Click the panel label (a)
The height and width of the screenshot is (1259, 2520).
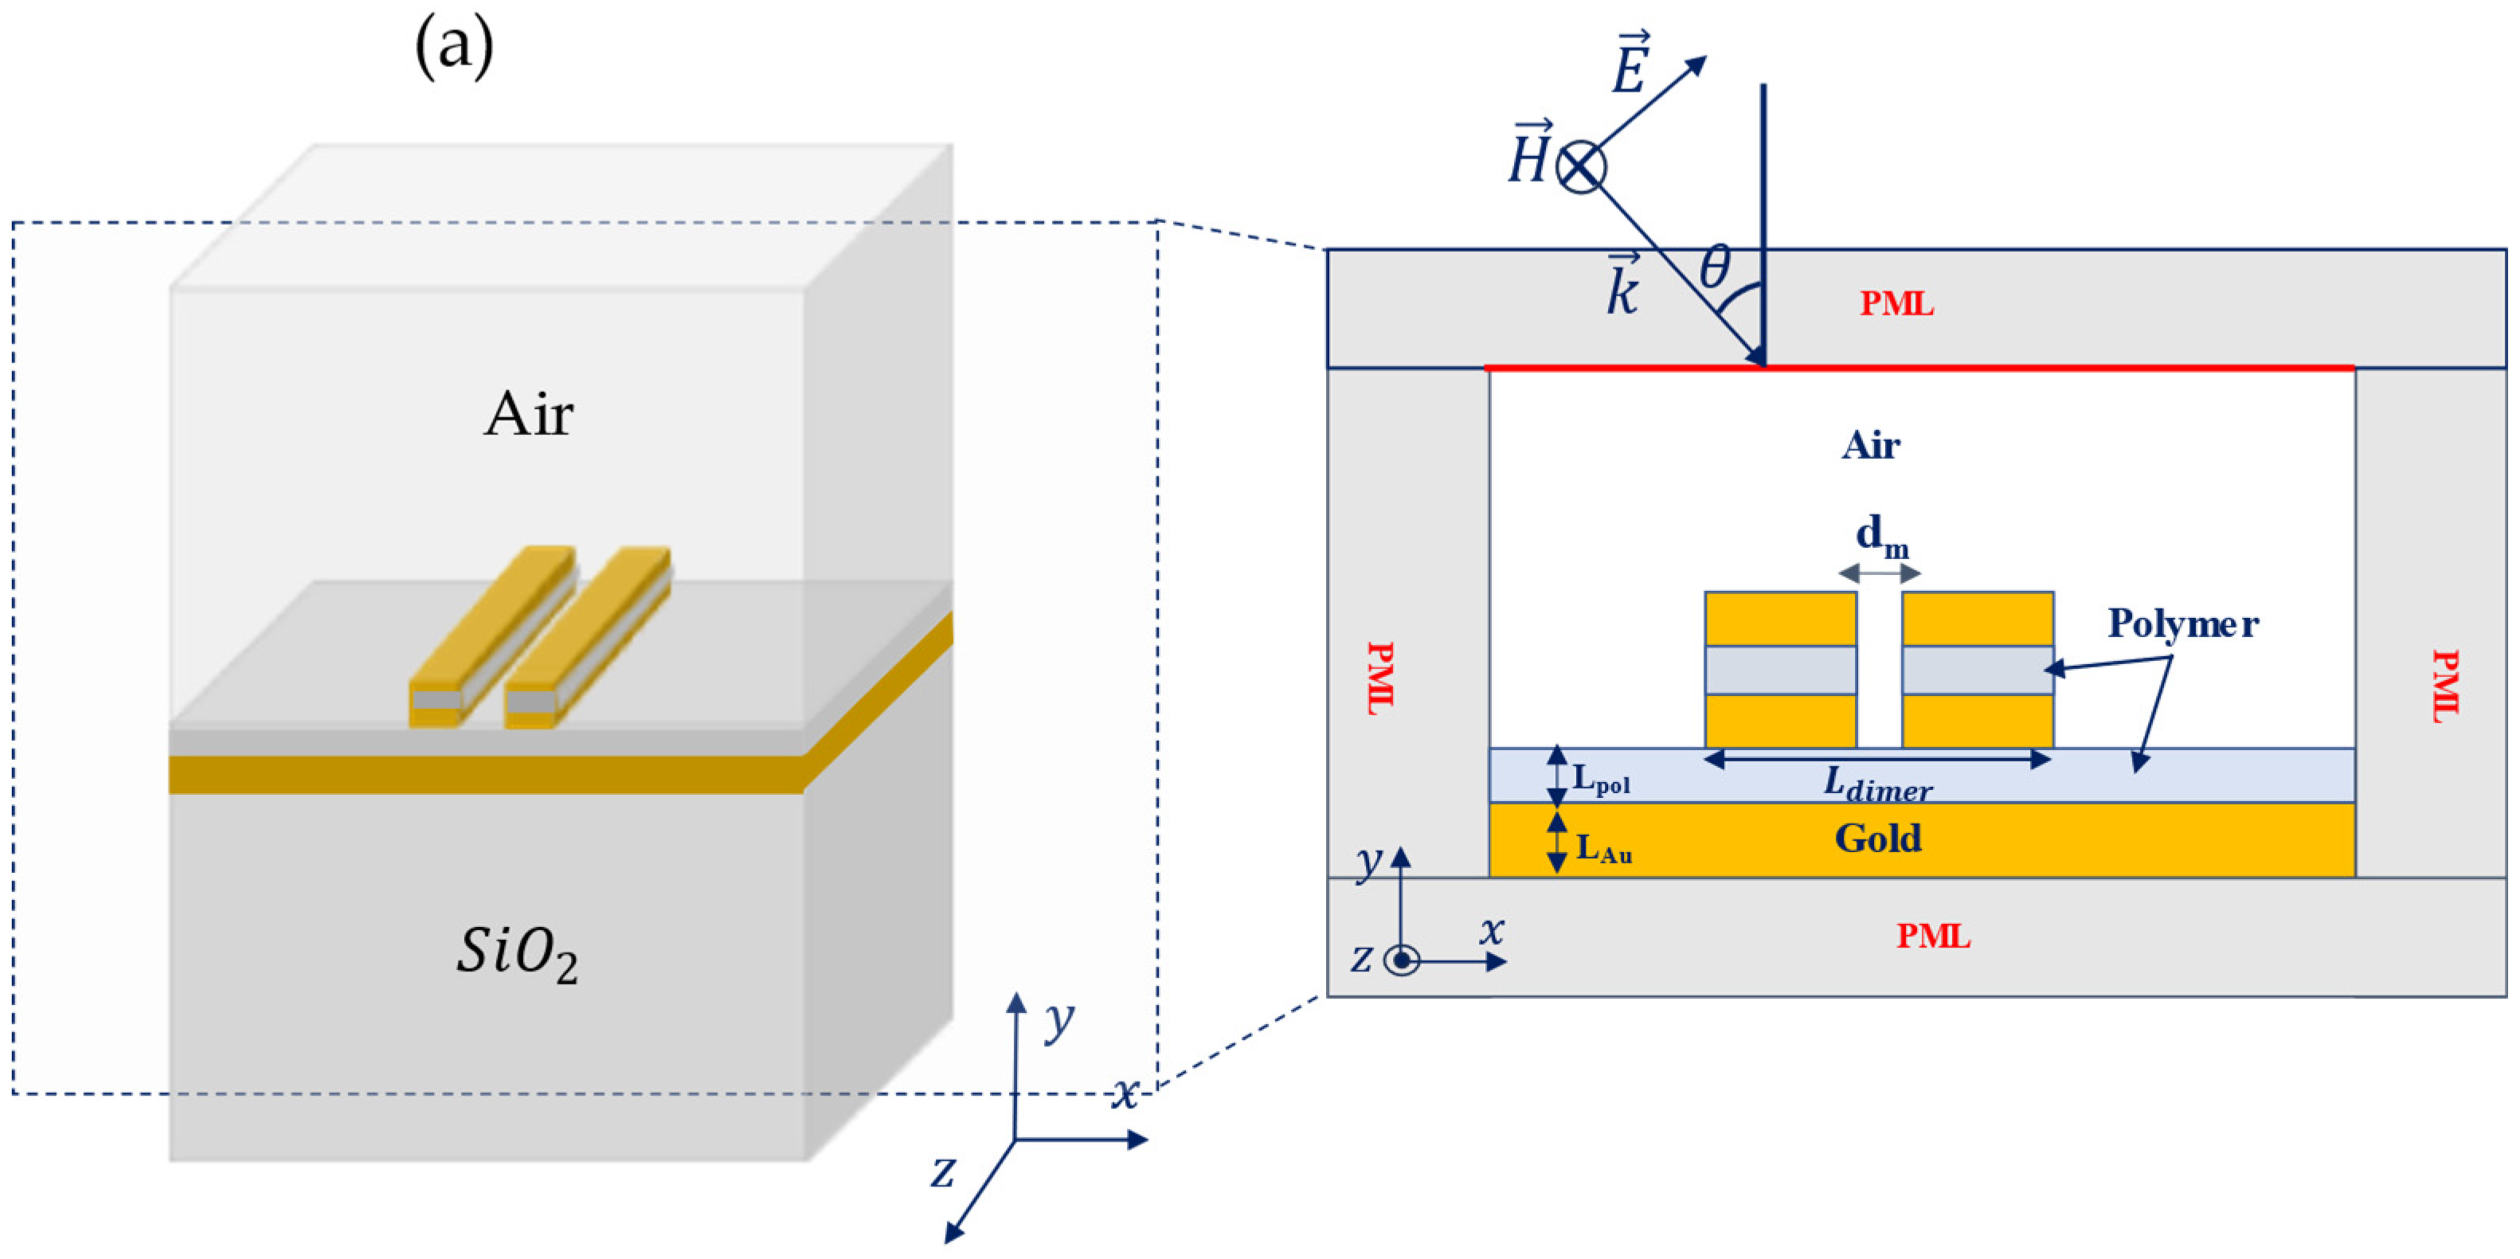point(454,47)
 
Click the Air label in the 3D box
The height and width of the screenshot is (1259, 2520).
point(528,415)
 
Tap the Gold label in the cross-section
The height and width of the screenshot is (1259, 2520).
point(1877,839)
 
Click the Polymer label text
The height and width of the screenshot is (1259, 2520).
point(2182,624)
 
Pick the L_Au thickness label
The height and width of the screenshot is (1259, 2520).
point(1603,847)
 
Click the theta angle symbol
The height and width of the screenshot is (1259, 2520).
point(1714,267)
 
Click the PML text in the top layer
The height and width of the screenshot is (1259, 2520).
point(1896,304)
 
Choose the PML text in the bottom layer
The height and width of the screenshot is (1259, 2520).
point(1933,936)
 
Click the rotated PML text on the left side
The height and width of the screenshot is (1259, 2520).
point(1380,678)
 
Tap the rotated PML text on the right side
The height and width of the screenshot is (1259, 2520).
point(2444,686)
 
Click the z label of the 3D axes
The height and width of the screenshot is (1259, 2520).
point(942,1171)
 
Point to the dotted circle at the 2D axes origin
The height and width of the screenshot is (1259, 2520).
point(1402,960)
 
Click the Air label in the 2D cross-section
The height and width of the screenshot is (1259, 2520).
point(1870,446)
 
